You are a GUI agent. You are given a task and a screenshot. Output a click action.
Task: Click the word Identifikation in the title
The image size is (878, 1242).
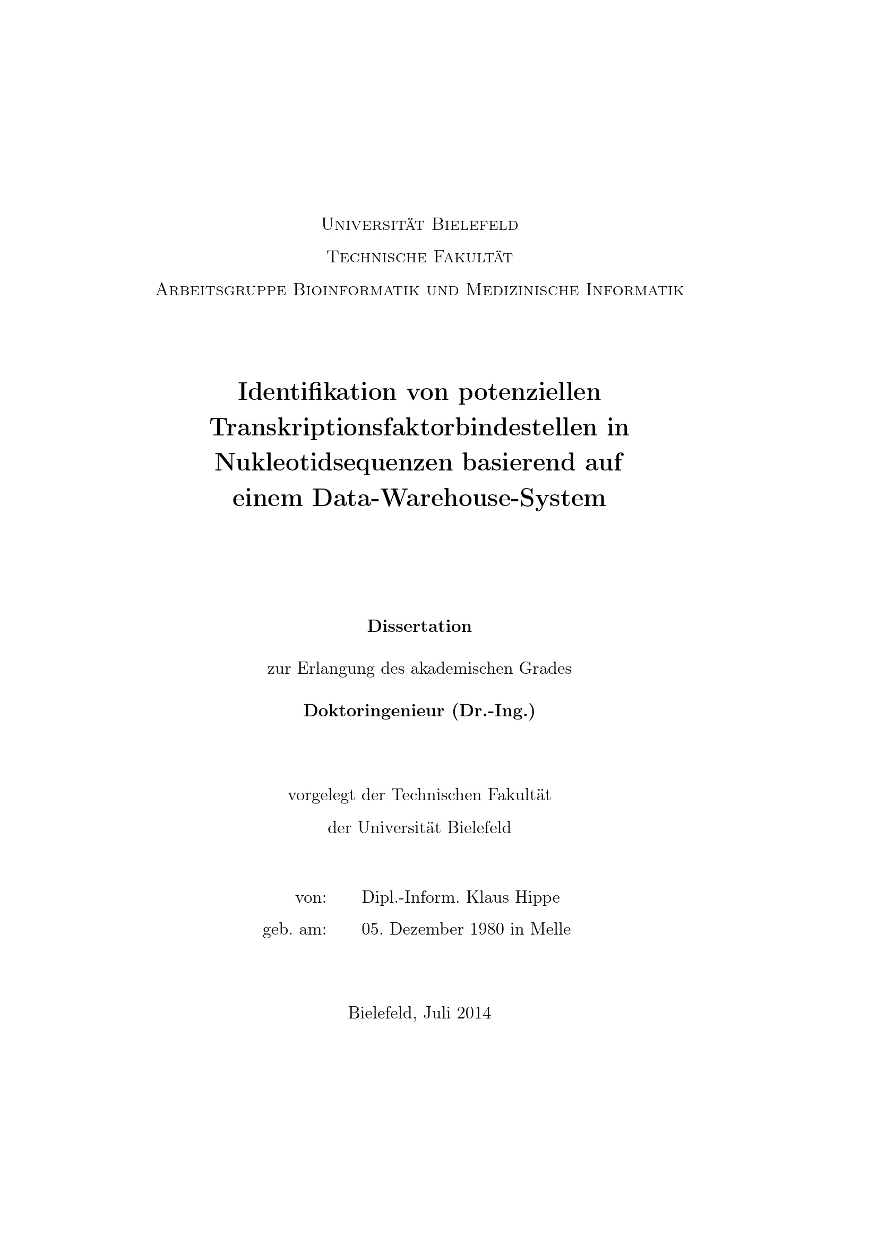tap(317, 392)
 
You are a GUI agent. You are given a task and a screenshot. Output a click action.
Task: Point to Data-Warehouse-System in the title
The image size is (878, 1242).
tap(459, 498)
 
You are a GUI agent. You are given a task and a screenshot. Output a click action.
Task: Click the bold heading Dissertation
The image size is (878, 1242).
tap(419, 627)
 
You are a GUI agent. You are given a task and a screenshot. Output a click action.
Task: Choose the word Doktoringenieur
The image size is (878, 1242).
tap(374, 711)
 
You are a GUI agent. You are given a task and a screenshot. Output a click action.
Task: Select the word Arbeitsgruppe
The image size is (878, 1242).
tap(221, 290)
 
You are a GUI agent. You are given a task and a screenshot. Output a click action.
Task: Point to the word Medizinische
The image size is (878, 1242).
tap(522, 290)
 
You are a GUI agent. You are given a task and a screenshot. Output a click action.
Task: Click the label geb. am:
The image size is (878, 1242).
tap(294, 930)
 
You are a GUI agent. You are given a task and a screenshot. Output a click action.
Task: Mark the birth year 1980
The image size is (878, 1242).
tap(487, 929)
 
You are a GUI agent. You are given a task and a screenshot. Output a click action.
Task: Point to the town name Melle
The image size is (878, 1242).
tap(550, 929)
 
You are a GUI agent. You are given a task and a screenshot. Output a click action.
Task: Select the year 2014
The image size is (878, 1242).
tap(474, 1013)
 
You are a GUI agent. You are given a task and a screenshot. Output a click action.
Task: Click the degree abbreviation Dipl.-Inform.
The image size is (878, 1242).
tap(410, 897)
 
